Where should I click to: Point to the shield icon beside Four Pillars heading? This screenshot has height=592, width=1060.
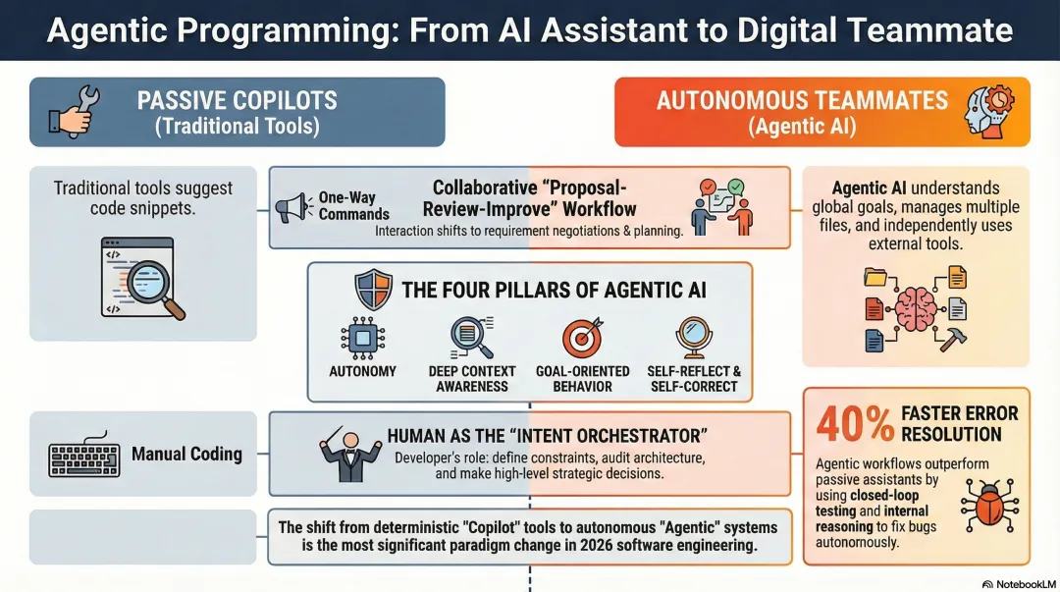[373, 291]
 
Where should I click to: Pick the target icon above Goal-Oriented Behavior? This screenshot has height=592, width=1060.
[581, 338]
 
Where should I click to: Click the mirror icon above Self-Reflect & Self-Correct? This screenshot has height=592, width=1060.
[693, 338]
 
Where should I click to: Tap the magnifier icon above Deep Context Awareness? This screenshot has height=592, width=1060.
[470, 337]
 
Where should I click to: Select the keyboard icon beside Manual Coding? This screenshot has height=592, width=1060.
[84, 455]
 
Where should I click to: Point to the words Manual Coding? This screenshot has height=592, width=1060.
[186, 454]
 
